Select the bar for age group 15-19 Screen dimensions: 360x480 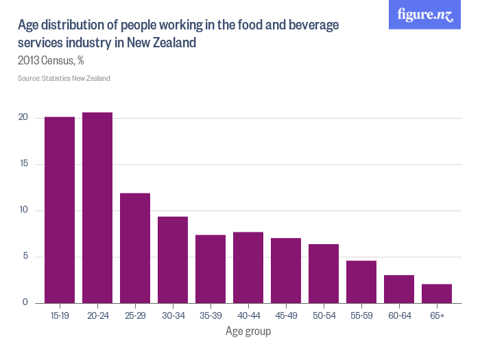[x=60, y=210]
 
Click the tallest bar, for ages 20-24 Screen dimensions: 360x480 [x=97, y=208]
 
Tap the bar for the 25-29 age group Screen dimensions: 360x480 [x=135, y=248]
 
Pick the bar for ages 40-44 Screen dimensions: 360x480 [x=248, y=267]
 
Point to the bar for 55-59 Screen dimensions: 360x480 [x=361, y=282]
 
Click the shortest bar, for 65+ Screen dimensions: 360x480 [x=437, y=293]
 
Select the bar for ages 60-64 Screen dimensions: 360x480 [x=399, y=289]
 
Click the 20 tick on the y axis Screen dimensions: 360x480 [x=23, y=118]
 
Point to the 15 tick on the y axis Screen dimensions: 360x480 [x=23, y=164]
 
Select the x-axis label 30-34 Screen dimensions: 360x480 [x=173, y=315]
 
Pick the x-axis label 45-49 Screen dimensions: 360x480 [x=286, y=315]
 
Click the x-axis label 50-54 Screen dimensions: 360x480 [x=324, y=315]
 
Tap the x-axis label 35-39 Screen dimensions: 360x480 [x=211, y=315]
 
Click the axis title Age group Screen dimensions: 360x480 [x=248, y=332]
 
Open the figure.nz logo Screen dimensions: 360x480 [x=425, y=15]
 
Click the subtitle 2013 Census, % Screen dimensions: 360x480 [x=51, y=60]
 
